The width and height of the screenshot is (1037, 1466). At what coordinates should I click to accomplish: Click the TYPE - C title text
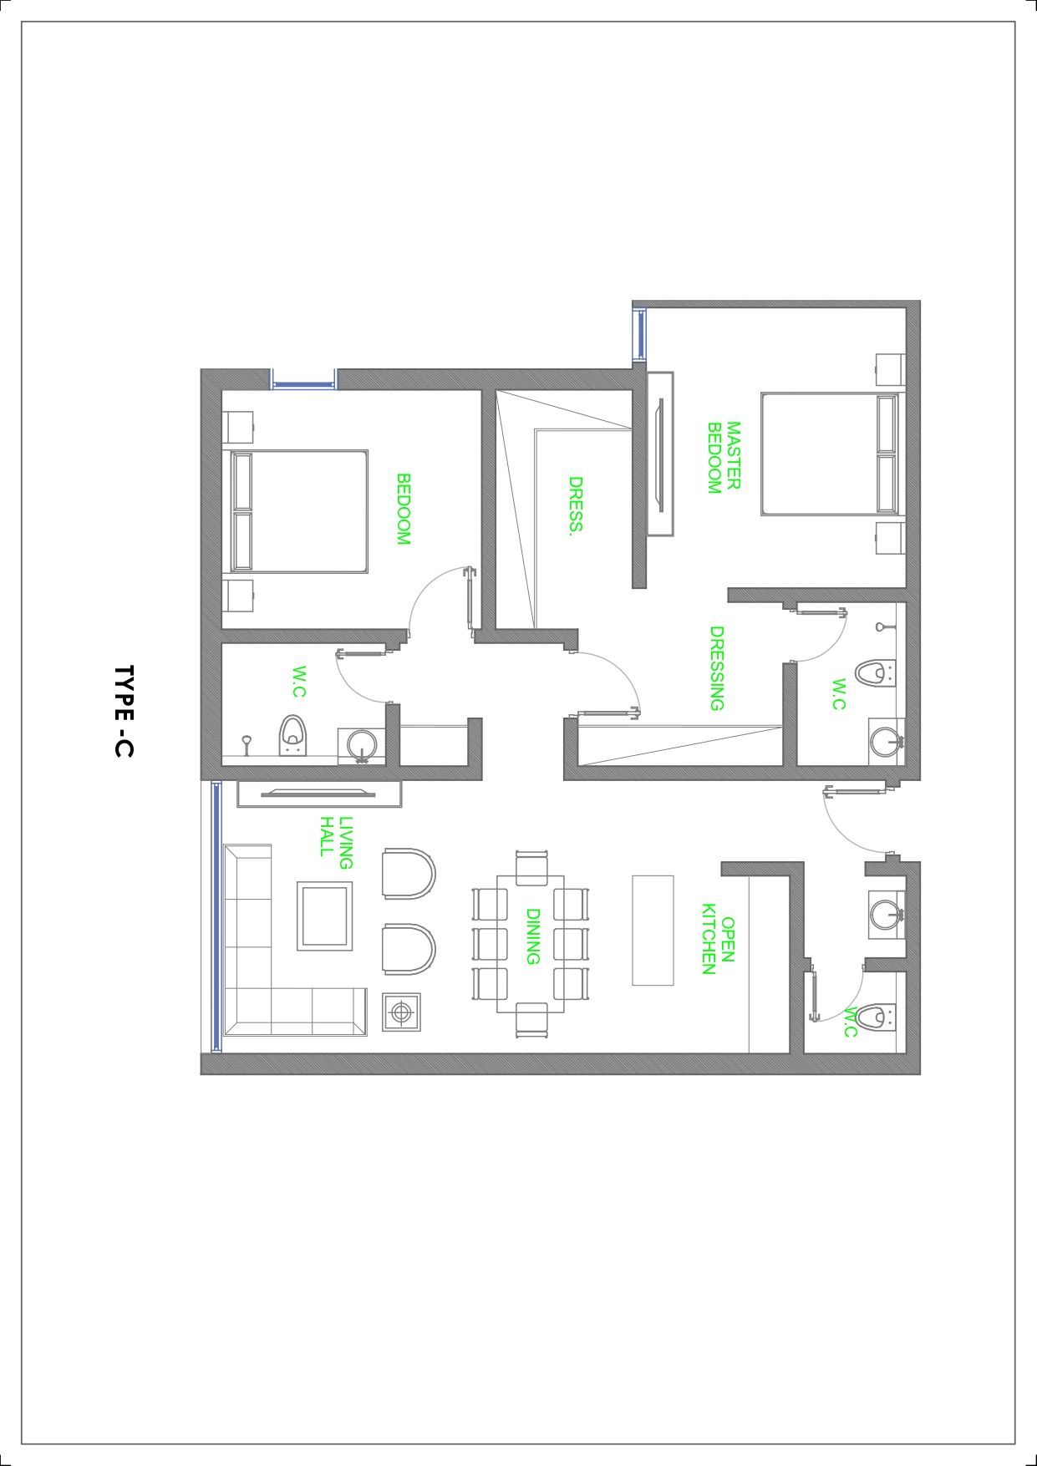tap(124, 712)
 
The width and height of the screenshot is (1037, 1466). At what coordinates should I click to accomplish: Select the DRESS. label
tap(576, 506)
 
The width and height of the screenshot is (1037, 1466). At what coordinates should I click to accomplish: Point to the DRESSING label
tap(716, 668)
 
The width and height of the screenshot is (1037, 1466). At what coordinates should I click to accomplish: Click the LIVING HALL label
tap(336, 843)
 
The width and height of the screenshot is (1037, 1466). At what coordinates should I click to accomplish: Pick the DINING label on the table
tap(532, 936)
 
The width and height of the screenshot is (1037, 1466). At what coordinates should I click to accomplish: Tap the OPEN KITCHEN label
tap(718, 939)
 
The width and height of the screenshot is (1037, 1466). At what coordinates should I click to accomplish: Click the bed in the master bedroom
tap(831, 454)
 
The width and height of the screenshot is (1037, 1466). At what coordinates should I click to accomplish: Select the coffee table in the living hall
tap(324, 916)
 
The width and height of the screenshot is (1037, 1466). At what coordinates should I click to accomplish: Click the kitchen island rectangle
tap(653, 931)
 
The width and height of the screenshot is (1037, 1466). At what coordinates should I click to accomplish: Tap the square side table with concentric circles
tap(402, 1012)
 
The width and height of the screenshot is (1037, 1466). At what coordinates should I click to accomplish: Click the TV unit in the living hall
tap(319, 794)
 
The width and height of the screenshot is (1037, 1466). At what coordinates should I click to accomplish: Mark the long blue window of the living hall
tap(216, 916)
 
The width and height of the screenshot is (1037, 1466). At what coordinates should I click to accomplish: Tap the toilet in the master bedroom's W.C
tap(875, 672)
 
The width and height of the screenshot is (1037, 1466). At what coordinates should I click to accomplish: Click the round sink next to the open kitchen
tap(886, 914)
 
